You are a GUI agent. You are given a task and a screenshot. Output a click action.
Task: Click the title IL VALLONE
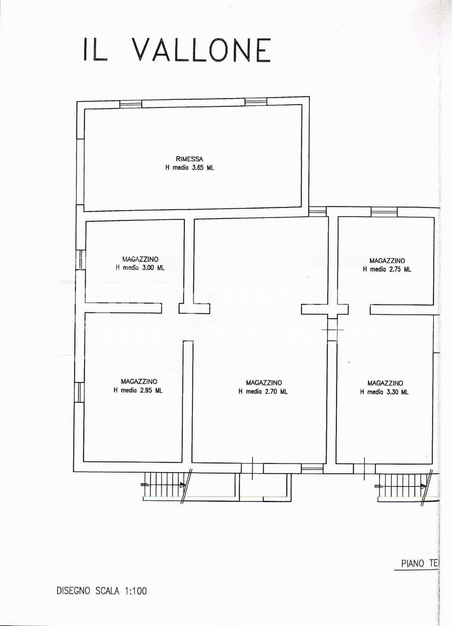tap(177, 50)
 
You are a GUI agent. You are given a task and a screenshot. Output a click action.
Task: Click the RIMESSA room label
tap(189, 159)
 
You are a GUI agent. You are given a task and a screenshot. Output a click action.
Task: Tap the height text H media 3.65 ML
tap(190, 168)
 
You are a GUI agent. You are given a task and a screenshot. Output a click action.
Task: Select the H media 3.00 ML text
tap(140, 268)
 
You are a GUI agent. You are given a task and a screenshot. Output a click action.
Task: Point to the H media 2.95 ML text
tap(138, 390)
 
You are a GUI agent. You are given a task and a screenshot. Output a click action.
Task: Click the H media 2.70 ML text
tap(263, 392)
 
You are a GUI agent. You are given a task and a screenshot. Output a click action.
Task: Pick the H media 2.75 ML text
tap(387, 269)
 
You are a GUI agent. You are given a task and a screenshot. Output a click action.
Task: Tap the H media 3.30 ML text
tap(385, 392)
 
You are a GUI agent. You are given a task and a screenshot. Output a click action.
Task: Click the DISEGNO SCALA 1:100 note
tap(102, 591)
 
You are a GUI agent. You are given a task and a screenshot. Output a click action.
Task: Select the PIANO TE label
tap(419, 563)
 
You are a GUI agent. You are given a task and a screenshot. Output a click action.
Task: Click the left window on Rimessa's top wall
tap(131, 104)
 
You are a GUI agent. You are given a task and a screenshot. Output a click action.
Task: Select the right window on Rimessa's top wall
tap(256, 101)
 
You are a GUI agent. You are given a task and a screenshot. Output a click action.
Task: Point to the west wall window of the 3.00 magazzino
tap(81, 259)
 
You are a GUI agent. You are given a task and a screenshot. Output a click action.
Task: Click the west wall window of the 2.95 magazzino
tap(80, 392)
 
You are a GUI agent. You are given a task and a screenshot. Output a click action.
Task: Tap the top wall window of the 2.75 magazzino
tap(384, 212)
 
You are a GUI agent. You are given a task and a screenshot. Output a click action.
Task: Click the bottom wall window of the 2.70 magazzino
tap(312, 469)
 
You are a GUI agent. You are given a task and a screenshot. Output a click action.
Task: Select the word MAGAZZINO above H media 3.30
tap(385, 383)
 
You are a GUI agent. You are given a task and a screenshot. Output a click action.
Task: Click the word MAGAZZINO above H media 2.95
tap(139, 382)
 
